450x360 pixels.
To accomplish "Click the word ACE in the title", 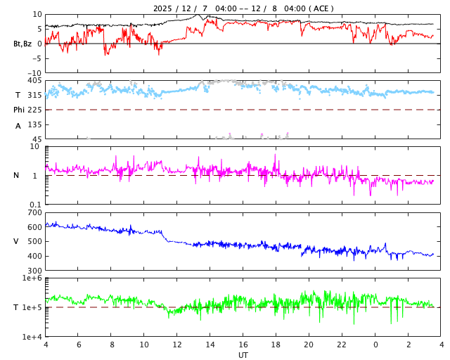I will [x=321, y=8].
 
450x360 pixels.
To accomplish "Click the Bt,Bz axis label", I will [x=22, y=44].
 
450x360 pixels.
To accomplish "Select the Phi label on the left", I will [x=20, y=110].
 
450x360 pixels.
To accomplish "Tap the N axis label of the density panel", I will [x=17, y=175].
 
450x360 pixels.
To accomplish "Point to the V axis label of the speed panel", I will [x=16, y=241].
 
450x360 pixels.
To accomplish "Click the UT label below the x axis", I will [x=243, y=355].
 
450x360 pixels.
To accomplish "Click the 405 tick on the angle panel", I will [x=34, y=80].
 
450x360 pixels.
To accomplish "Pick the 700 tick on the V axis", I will [x=34, y=212].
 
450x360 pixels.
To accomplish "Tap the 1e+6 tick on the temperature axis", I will [x=32, y=278].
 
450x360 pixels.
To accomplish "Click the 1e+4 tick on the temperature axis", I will [x=32, y=337].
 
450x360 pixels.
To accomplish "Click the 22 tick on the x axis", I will [x=342, y=345].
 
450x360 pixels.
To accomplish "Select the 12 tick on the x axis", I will [x=177, y=345].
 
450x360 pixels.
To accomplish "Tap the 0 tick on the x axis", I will [x=375, y=345].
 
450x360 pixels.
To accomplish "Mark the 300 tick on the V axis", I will [x=34, y=271].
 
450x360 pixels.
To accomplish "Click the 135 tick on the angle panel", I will [x=34, y=124].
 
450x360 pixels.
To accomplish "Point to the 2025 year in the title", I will [x=163, y=8].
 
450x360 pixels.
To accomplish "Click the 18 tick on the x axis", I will [x=276, y=345].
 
